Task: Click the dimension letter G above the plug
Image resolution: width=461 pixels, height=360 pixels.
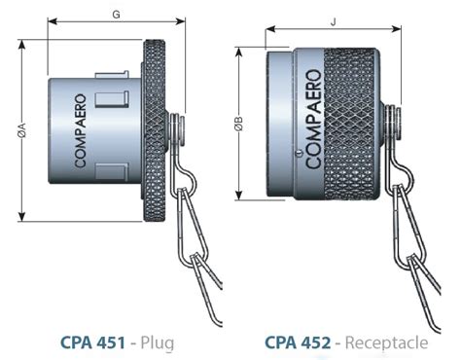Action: [x=116, y=15]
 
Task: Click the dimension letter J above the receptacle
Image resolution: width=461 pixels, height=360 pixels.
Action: [x=333, y=22]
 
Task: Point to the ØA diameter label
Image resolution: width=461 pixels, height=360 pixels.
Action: [x=22, y=130]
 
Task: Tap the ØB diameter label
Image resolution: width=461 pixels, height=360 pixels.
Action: [x=239, y=124]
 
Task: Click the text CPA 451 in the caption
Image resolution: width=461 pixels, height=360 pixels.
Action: [x=92, y=342]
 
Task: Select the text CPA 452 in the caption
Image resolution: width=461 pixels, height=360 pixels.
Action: [x=298, y=342]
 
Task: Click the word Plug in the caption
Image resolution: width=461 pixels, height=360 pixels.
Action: [x=158, y=343]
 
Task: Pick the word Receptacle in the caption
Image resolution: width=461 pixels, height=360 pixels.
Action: [x=386, y=343]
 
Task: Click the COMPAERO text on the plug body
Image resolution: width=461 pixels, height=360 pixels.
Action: [x=80, y=130]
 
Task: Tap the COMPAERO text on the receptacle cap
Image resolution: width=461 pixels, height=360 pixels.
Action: [x=314, y=119]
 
